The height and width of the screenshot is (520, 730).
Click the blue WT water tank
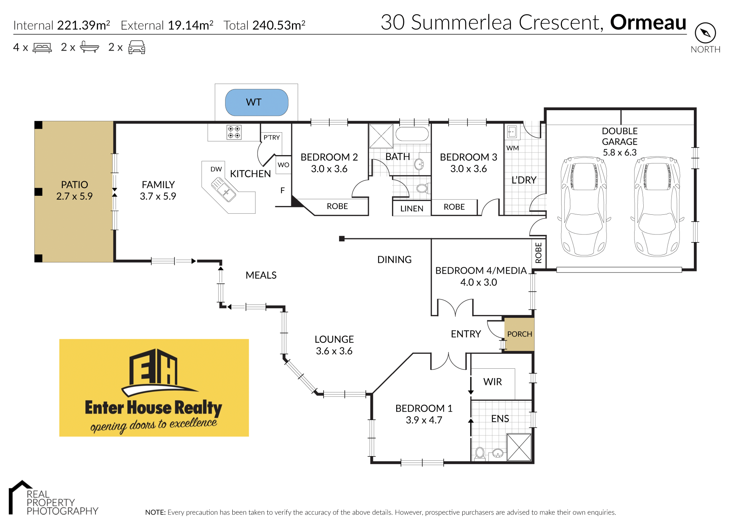point(257,102)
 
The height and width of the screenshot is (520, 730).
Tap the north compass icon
point(705,33)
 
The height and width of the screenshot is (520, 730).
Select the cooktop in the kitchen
point(234,132)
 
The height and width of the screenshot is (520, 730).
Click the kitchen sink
point(223,190)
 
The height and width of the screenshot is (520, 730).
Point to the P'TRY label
point(271,137)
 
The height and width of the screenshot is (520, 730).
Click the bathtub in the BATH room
point(412,134)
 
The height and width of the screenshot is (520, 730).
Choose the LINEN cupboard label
point(412,208)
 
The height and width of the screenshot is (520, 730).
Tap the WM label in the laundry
point(513,148)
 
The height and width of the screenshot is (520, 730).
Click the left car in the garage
point(584,206)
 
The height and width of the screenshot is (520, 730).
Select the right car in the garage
point(657,206)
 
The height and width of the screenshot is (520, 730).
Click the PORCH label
point(519,334)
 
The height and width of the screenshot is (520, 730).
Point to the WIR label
point(492,382)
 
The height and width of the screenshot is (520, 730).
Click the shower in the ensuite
point(519,447)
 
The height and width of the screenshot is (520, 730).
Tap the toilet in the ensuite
point(480,453)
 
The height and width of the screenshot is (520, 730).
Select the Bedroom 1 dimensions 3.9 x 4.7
point(424,420)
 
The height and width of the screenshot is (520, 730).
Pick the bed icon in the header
point(42,48)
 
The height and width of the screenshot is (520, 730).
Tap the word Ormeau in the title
point(648,22)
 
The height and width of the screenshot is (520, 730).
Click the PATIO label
point(75,185)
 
